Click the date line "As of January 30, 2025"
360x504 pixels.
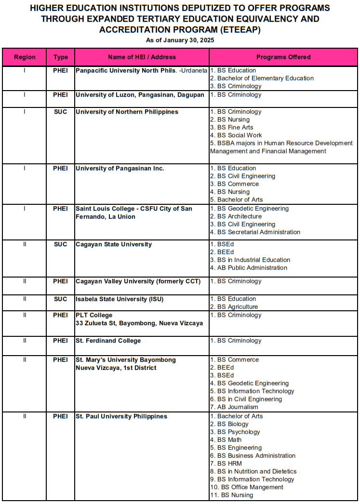pyautogui.click(x=180, y=40)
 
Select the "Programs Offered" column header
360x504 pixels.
pyautogui.click(x=283, y=57)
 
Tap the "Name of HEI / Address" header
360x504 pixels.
pyautogui.click(x=142, y=57)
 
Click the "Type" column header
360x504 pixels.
pyautogui.click(x=61, y=57)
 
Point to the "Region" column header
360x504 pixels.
pyautogui.click(x=25, y=57)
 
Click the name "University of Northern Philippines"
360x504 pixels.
pyautogui.click(x=127, y=112)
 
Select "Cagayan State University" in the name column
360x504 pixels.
pyautogui.click(x=114, y=244)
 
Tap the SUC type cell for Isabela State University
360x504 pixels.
pyautogui.click(x=61, y=299)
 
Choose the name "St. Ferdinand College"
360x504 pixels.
pyautogui.click(x=108, y=341)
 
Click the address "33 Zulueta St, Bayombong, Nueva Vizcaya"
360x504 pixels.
pyautogui.click(x=139, y=323)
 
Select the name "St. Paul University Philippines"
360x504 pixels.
pyautogui.click(x=121, y=416)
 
